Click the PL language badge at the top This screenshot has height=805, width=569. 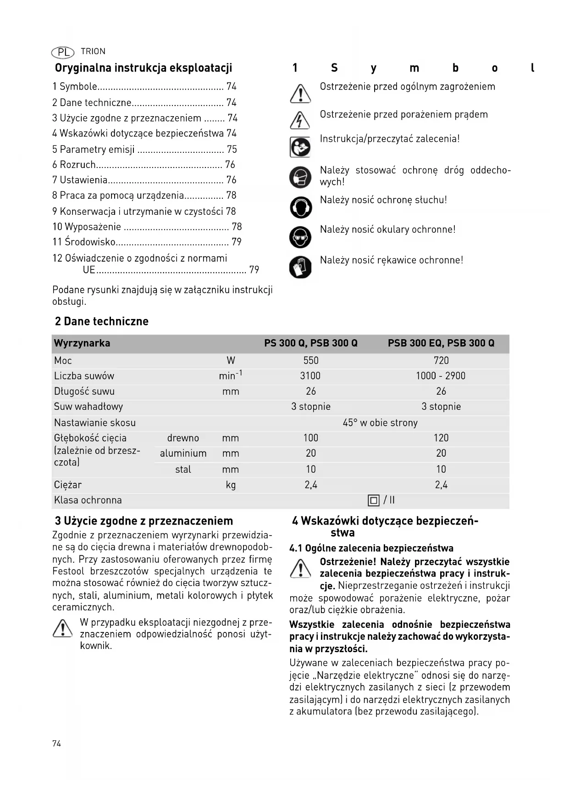(62, 52)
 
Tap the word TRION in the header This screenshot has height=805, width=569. (93, 51)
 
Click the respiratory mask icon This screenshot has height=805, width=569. (300, 177)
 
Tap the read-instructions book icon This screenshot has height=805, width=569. (300, 147)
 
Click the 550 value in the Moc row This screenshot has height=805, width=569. (311, 361)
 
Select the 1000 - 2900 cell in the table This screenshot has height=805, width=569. (441, 376)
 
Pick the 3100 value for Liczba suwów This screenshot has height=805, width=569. (310, 376)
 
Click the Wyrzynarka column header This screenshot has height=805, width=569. (82, 343)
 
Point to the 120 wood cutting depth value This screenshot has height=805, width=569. (441, 438)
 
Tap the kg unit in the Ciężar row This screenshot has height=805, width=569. (231, 485)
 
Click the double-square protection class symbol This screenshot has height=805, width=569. (374, 500)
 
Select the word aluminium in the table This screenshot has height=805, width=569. (183, 453)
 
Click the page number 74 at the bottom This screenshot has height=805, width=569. (56, 744)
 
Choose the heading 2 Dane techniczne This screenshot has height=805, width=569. (102, 321)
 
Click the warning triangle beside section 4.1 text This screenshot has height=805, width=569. (300, 569)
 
